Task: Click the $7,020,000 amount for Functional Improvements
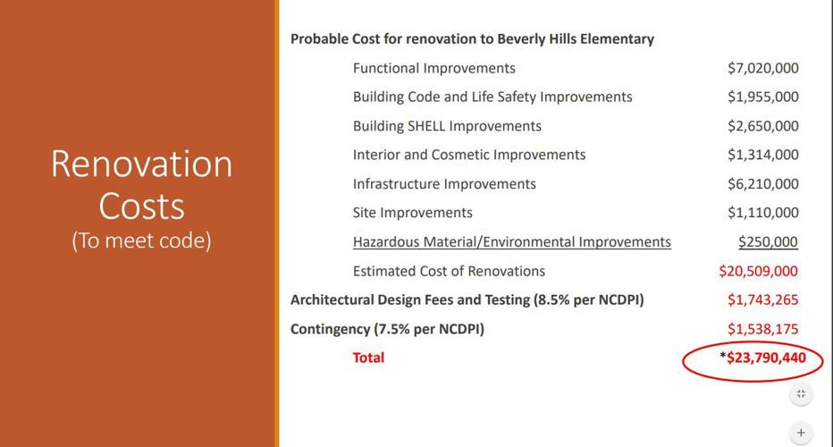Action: pyautogui.click(x=762, y=68)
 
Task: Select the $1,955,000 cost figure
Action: pyautogui.click(x=762, y=97)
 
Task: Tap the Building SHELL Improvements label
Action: pyautogui.click(x=447, y=126)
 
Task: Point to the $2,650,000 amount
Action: pyautogui.click(x=762, y=126)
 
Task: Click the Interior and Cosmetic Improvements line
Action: pyautogui.click(x=469, y=155)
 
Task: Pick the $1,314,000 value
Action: pyautogui.click(x=762, y=155)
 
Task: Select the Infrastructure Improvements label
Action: pyautogui.click(x=444, y=184)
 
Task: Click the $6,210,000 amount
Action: pyautogui.click(x=762, y=184)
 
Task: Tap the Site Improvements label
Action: pyautogui.click(x=412, y=213)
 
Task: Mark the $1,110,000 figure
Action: pyautogui.click(x=762, y=213)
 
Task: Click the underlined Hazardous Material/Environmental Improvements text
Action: pyautogui.click(x=511, y=241)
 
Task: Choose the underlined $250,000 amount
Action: pyautogui.click(x=768, y=241)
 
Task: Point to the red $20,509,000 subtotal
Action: pyautogui.click(x=758, y=271)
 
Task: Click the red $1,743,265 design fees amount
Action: pyautogui.click(x=762, y=299)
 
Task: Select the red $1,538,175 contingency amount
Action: pyautogui.click(x=762, y=329)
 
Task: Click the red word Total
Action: pyautogui.click(x=368, y=358)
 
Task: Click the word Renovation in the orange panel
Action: pyautogui.click(x=141, y=164)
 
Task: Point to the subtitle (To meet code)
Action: pyautogui.click(x=141, y=241)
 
